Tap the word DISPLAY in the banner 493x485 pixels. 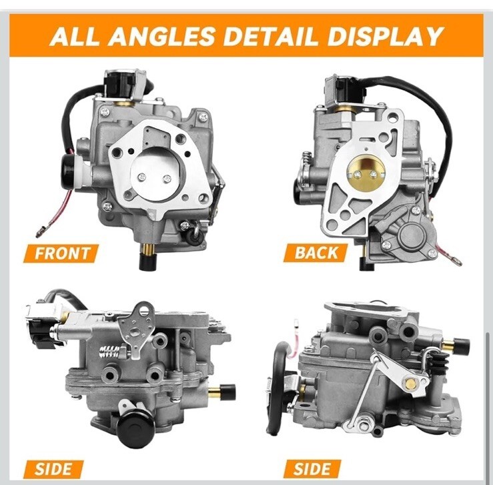pyautogui.click(x=385, y=36)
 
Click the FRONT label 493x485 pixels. pyautogui.click(x=61, y=254)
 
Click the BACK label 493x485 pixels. pyautogui.click(x=316, y=253)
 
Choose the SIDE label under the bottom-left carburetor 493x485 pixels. pyautogui.click(x=53, y=469)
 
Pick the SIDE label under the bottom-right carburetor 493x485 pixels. pyautogui.click(x=312, y=468)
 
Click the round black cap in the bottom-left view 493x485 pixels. pyautogui.click(x=135, y=428)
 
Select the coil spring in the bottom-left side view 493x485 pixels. pyautogui.click(x=109, y=352)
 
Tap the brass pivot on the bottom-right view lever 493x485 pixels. pyautogui.click(x=411, y=383)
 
